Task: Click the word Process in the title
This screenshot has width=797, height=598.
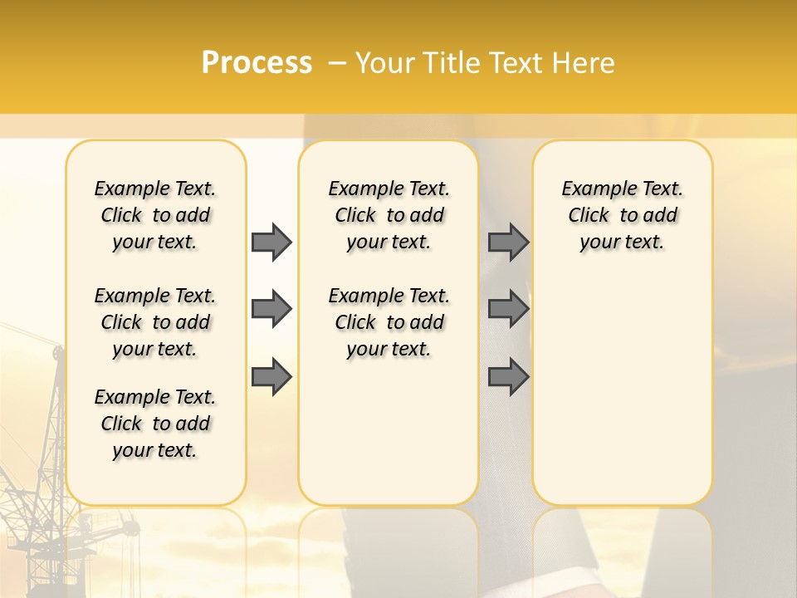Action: coord(257,63)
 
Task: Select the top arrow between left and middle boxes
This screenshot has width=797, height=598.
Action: coord(271,242)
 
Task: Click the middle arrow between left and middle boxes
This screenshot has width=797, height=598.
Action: coord(271,309)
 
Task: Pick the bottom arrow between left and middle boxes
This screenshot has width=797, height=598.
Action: coord(271,377)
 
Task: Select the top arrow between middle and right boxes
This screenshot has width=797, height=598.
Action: coord(508,242)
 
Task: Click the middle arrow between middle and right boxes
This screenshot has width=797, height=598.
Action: coord(508,309)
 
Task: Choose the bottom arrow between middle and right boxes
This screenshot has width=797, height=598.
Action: coord(508,377)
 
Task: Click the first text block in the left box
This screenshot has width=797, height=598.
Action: coord(155,215)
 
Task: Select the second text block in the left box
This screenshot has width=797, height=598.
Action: coord(155,322)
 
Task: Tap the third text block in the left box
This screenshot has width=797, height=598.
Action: coord(155,424)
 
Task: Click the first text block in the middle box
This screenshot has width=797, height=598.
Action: coord(389,215)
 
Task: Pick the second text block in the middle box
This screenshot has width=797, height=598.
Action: coord(389,322)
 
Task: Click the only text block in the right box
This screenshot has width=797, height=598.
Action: coord(623,215)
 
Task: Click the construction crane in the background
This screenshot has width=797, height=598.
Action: coord(42,465)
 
